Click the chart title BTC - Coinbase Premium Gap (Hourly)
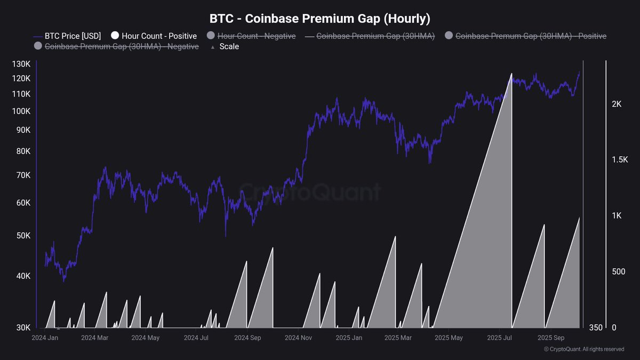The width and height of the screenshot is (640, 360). click(x=319, y=18)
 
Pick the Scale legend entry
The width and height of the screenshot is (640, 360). click(x=229, y=46)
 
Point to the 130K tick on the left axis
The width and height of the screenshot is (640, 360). click(x=21, y=65)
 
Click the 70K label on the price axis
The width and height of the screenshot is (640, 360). click(x=23, y=175)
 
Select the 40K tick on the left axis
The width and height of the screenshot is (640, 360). click(x=23, y=276)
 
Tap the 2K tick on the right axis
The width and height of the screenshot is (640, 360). click(x=617, y=104)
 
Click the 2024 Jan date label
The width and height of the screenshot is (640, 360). click(x=45, y=338)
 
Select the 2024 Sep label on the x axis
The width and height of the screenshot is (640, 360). click(x=247, y=338)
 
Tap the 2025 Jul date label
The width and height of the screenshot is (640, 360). click(x=500, y=338)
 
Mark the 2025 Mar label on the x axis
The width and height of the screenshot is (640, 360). click(x=398, y=338)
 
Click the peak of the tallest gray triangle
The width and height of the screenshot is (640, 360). click(x=511, y=74)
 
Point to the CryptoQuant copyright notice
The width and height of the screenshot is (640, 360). click(x=583, y=349)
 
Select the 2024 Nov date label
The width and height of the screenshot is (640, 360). click(x=298, y=338)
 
